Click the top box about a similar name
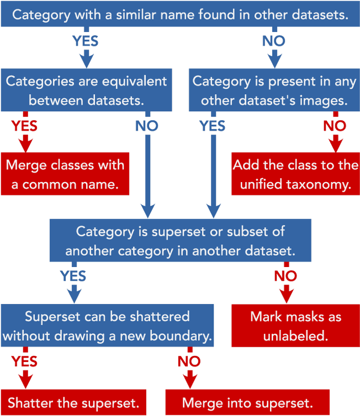(x=180, y=15)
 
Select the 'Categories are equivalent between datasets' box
(x=86, y=90)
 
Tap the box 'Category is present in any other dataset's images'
(x=274, y=90)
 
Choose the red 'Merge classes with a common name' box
(x=65, y=174)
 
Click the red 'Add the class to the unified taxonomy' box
(x=295, y=174)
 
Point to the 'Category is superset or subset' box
(x=180, y=241)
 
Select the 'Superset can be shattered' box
(x=107, y=325)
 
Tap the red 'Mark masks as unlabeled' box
(x=295, y=325)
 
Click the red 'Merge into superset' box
(x=247, y=403)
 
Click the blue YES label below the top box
(x=85, y=41)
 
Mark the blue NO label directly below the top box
(x=274, y=41)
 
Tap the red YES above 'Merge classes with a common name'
(x=24, y=126)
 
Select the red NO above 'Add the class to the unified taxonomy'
(x=335, y=126)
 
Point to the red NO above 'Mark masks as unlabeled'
(x=286, y=276)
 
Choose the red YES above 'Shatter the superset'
(x=24, y=361)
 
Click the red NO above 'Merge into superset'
(x=189, y=361)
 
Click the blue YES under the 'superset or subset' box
(x=73, y=276)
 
